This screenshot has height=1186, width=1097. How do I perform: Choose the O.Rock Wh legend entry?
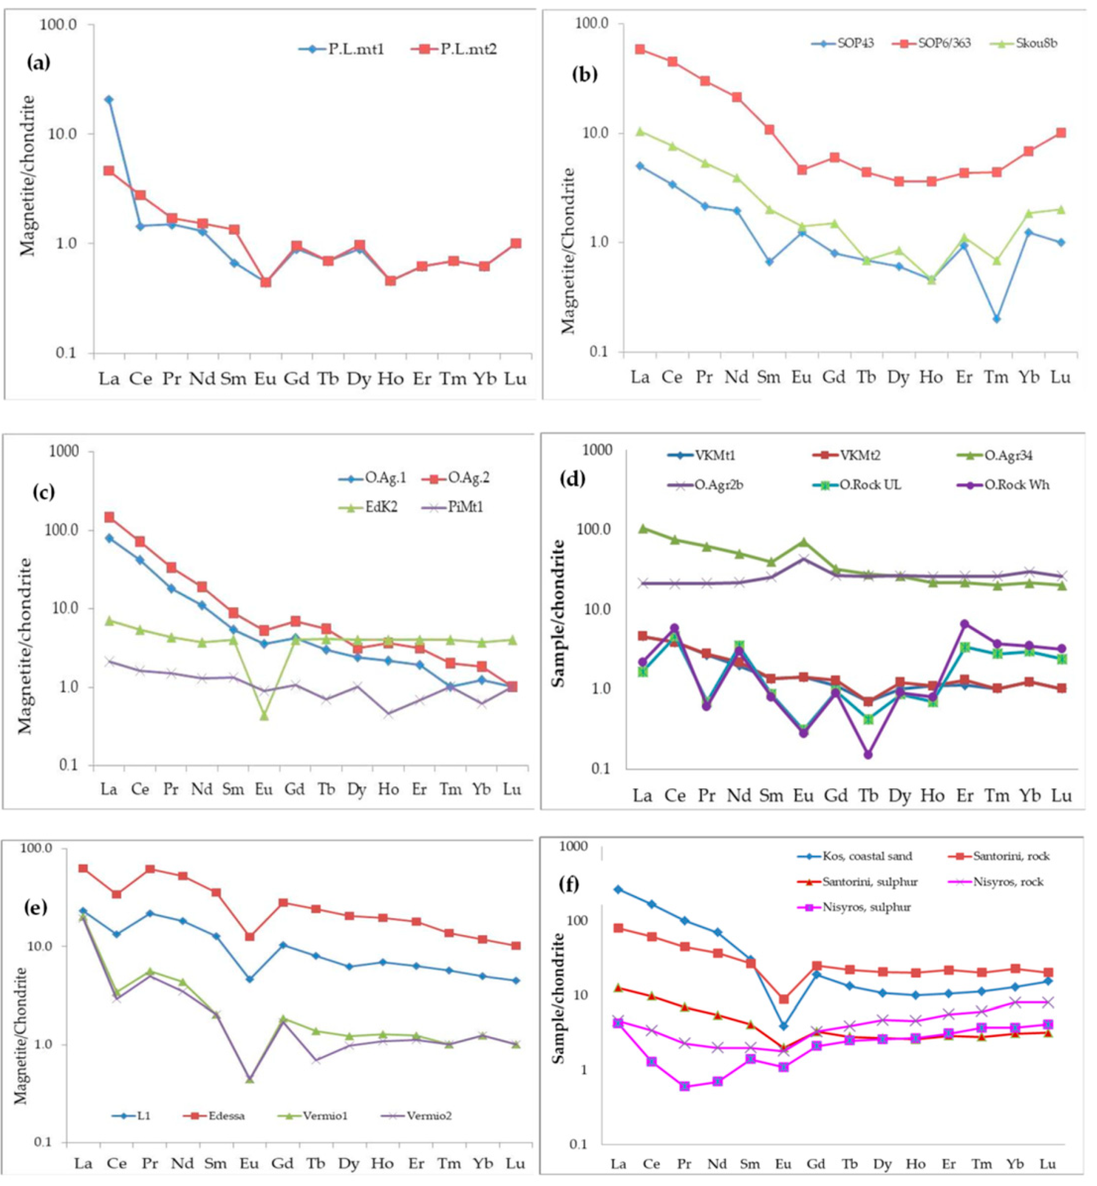point(1016,485)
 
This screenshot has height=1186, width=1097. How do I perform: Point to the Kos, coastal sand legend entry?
point(867,856)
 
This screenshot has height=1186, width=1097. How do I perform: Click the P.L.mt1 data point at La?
point(109,100)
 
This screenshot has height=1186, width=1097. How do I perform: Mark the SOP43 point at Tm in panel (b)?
point(997,319)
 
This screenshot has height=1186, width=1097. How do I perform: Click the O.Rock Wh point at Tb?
point(868,754)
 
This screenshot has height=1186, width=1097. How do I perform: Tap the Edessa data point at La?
point(83,868)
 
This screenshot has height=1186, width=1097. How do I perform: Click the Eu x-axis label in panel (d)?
point(803,796)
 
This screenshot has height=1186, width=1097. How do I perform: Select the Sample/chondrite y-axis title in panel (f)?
point(558,997)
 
